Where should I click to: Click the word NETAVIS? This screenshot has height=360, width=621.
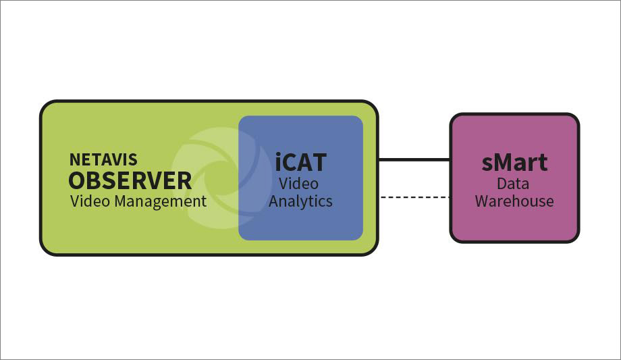pyautogui.click(x=103, y=160)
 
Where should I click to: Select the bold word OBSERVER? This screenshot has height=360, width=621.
pyautogui.click(x=130, y=181)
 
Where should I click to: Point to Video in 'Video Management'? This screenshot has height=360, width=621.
pyautogui.click(x=88, y=201)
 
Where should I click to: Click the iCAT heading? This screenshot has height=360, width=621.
pyautogui.click(x=300, y=163)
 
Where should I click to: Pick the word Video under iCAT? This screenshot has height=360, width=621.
pyautogui.click(x=299, y=184)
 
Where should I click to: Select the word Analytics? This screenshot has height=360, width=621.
pyautogui.click(x=300, y=201)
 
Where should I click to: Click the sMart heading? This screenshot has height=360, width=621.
pyautogui.click(x=514, y=163)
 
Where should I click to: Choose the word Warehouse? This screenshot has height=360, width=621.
pyautogui.click(x=514, y=201)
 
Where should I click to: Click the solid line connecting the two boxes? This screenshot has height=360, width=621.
pyautogui.click(x=414, y=160)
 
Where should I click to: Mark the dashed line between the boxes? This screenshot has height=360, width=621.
pyautogui.click(x=414, y=197)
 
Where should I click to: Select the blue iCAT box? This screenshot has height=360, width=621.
pyautogui.click(x=300, y=223)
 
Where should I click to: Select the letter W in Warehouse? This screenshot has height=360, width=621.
pyautogui.click(x=482, y=201)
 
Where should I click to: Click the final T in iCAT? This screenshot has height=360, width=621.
pyautogui.click(x=319, y=163)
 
